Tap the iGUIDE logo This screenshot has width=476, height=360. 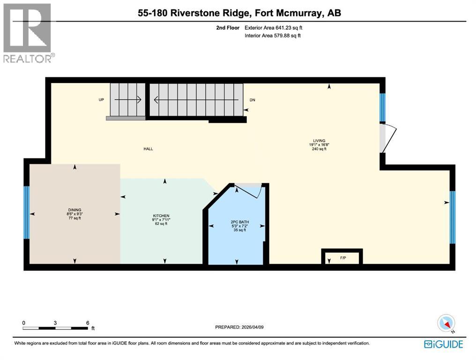tap(443, 345)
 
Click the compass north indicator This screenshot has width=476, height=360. tap(446, 323)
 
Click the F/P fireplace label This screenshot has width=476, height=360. tap(342, 258)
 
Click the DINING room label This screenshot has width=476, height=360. tap(74, 210)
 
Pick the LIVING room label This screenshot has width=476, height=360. tap(320, 140)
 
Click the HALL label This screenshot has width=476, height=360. tap(149, 149)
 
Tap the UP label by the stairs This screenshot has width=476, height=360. tap(101, 100)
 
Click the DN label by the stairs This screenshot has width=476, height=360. tap(253, 100)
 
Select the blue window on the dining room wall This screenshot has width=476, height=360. tap(27, 212)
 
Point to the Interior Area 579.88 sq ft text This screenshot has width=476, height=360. tap(273, 36)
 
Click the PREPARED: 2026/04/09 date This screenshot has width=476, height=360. tap(242, 328)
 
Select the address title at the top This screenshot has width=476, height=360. tap(239, 13)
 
